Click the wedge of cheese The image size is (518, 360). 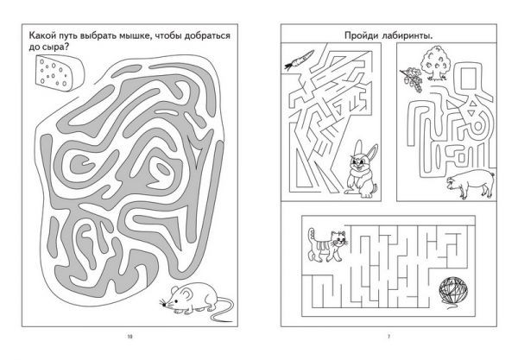tap(60, 73)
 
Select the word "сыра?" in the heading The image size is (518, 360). tap(55, 47)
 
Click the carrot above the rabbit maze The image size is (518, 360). tap(300, 60)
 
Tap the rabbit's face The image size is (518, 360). tap(358, 162)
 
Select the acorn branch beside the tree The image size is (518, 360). tap(411, 79)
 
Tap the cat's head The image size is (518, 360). tap(338, 239)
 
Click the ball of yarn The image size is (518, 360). tap(453, 290)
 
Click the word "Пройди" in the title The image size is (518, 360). tap(361, 35)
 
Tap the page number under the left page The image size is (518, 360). tap(129, 337)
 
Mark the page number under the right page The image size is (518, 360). tap(388, 337)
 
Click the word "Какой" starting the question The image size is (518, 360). tap(41, 35)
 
